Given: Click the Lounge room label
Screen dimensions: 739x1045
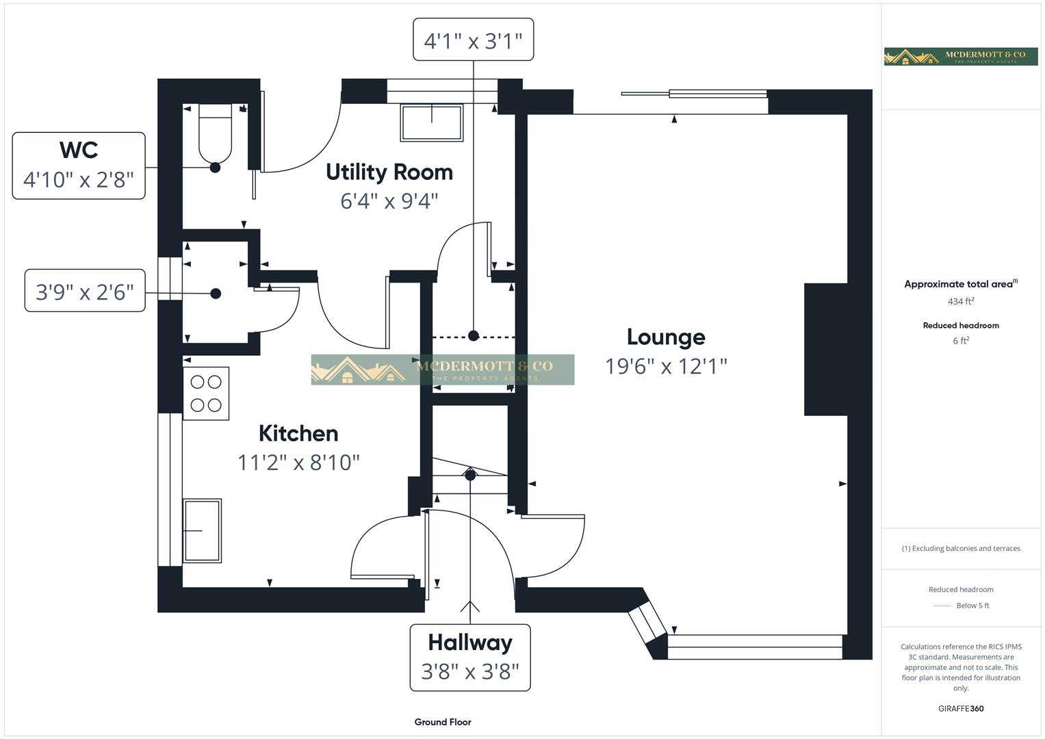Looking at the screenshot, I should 665,337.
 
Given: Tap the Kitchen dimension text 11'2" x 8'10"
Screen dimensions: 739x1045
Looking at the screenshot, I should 298,463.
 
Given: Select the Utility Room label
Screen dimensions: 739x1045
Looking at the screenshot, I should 389,172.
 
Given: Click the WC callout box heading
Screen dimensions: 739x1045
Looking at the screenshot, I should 79,150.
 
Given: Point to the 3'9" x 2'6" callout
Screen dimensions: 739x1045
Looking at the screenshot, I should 85,292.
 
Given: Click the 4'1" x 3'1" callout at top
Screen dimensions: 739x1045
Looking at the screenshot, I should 473,40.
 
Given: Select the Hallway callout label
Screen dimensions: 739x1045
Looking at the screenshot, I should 470,643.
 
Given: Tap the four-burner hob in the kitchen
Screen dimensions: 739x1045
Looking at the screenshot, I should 206,393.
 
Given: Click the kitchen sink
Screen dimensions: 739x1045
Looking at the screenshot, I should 202,530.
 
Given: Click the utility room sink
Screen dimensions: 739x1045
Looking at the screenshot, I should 432,122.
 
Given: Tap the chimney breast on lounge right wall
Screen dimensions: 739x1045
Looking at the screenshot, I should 825,349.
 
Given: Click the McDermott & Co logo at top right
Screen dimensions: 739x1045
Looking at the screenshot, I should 961,56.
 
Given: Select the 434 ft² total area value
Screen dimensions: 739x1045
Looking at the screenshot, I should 961,301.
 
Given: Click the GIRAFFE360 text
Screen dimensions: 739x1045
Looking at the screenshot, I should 961,708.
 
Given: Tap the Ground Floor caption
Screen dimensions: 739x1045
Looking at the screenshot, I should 443,722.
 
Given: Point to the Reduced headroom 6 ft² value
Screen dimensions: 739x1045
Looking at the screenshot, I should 961,341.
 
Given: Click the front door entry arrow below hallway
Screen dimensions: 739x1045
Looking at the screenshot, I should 470,606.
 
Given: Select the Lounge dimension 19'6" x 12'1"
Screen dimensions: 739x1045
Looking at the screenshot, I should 665,367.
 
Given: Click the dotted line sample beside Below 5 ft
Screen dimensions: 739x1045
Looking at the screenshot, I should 942,606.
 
